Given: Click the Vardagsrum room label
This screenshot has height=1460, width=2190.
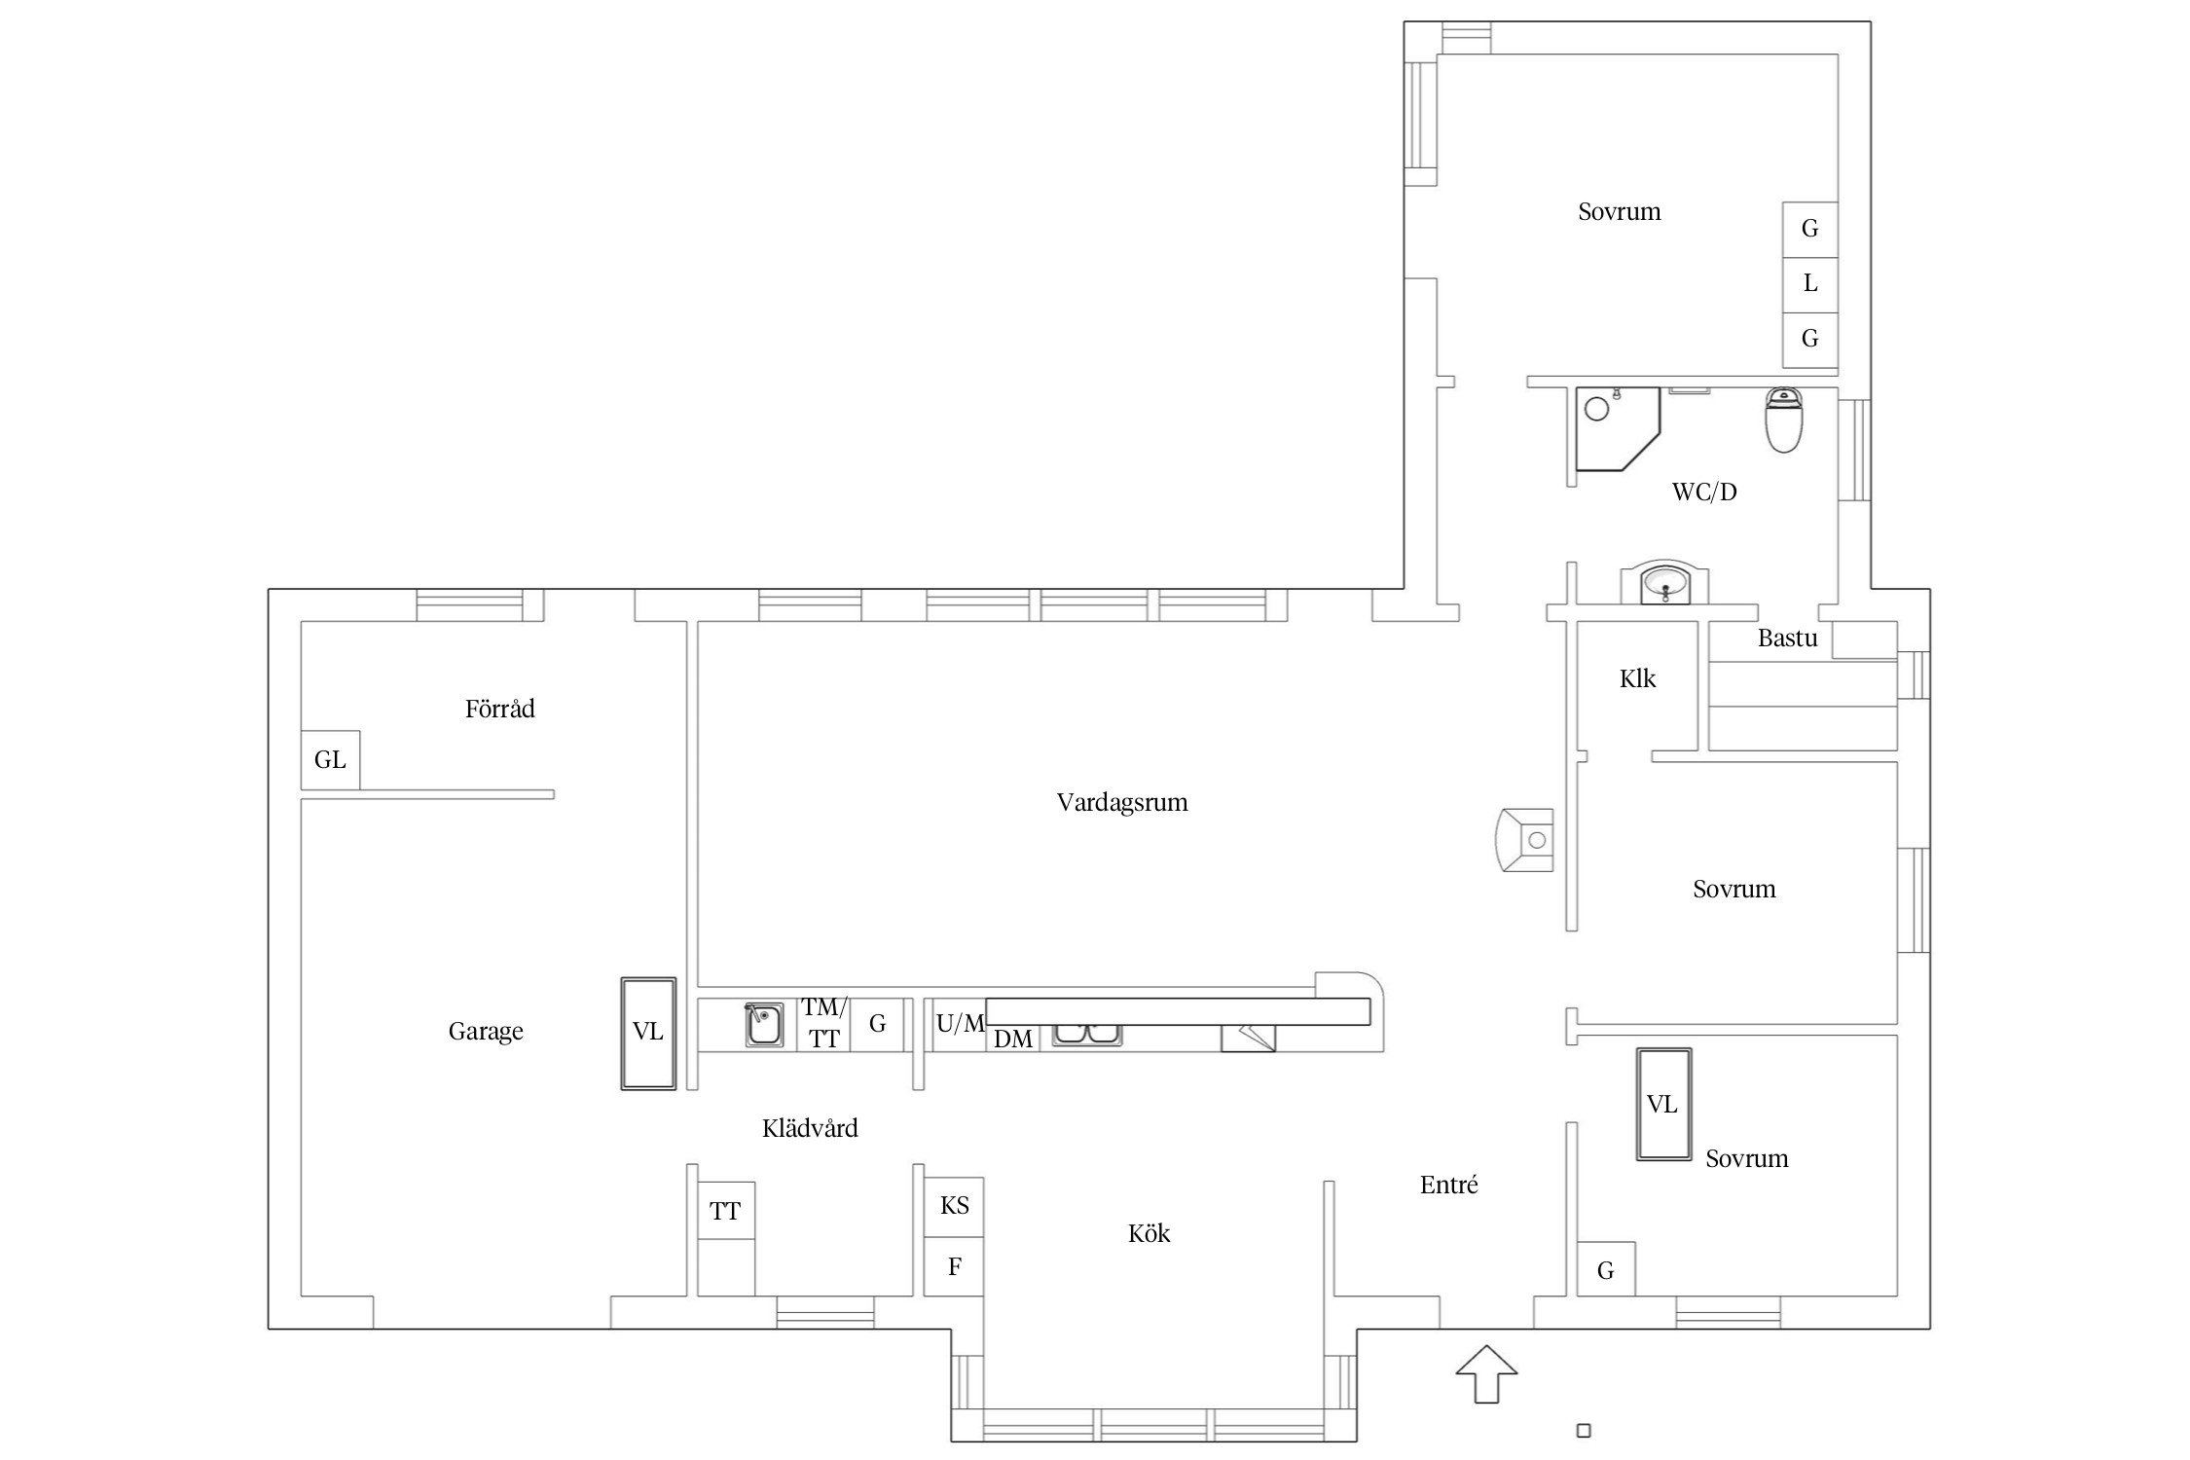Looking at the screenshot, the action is [1122, 803].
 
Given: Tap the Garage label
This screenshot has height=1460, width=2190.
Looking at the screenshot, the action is [486, 1031].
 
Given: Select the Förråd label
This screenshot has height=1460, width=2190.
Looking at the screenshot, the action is [500, 709].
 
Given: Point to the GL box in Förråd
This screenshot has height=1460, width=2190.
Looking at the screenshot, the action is [330, 759].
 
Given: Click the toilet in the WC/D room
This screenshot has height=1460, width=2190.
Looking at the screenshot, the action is [1784, 420].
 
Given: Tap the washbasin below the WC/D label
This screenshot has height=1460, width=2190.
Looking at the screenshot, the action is [1663, 584].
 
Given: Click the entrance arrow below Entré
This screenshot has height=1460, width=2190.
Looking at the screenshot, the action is [1486, 1373].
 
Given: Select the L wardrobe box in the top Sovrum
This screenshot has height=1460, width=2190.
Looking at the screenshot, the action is [1809, 284].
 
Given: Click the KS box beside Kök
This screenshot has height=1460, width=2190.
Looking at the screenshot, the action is [954, 1207].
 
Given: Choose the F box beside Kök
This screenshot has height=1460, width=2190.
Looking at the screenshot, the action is [954, 1266].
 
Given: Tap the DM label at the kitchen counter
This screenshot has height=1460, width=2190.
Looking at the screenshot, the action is [1013, 1040].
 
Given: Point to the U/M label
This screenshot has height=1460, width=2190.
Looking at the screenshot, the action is [961, 1023].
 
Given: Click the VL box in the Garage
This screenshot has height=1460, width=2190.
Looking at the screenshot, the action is [648, 1033].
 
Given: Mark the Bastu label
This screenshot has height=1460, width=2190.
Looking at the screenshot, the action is [1787, 639].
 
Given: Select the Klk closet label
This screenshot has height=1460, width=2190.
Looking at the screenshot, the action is [1637, 679].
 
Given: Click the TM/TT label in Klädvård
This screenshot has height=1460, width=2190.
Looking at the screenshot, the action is [824, 1023].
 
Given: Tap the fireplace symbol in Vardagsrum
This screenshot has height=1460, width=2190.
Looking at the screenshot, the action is [1524, 839].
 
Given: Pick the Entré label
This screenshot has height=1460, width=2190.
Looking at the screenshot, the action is [1449, 1185].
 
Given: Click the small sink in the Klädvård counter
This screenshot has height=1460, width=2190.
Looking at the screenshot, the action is [764, 1025].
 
